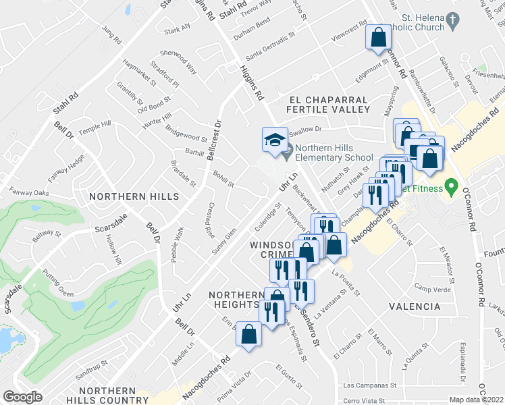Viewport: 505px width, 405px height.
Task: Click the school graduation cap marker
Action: click(274, 140)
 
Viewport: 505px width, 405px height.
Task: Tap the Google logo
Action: click(22, 396)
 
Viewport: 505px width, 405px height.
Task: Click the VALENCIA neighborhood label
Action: click(415, 306)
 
